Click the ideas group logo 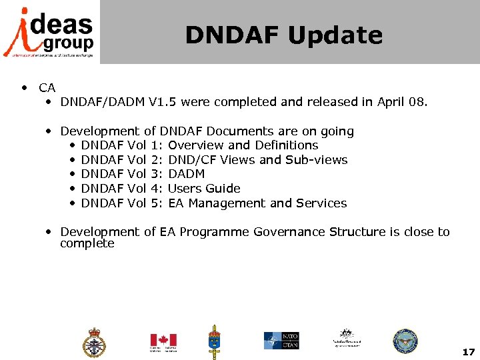click(x=49, y=32)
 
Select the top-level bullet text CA click(x=47, y=87)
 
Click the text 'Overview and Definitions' click(x=243, y=145)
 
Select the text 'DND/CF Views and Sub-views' click(x=258, y=160)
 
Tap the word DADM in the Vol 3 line click(x=187, y=174)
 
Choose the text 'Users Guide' click(x=204, y=189)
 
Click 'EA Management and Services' click(x=257, y=203)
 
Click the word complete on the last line click(x=87, y=244)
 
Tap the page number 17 click(x=468, y=351)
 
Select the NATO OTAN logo click(x=281, y=341)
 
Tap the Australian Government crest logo click(x=346, y=338)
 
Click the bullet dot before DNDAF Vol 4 click(x=71, y=189)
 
